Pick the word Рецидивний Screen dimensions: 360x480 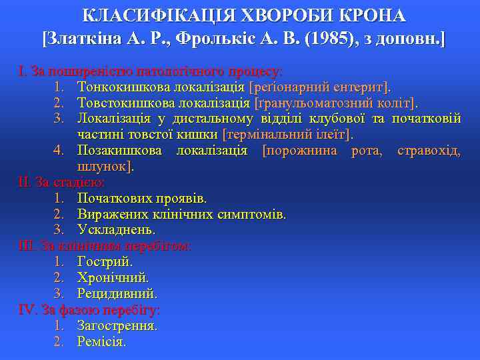click(117, 294)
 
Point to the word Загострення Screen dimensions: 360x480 click(117, 326)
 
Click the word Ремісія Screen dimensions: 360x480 click(101, 342)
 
